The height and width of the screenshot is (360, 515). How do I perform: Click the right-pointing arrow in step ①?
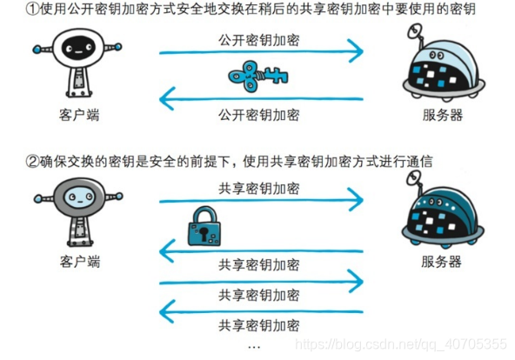point(261,54)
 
